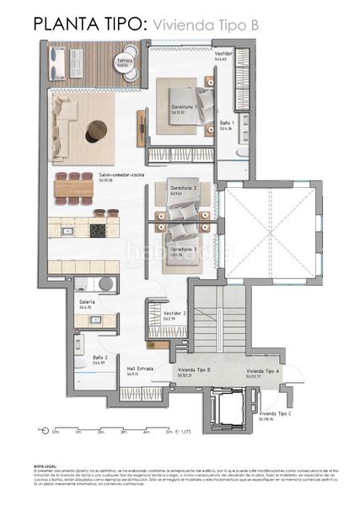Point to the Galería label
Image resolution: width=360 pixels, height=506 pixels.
87,301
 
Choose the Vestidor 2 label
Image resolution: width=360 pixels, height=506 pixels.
175,313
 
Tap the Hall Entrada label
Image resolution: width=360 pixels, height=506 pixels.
139,369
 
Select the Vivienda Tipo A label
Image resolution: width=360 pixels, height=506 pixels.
263,371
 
